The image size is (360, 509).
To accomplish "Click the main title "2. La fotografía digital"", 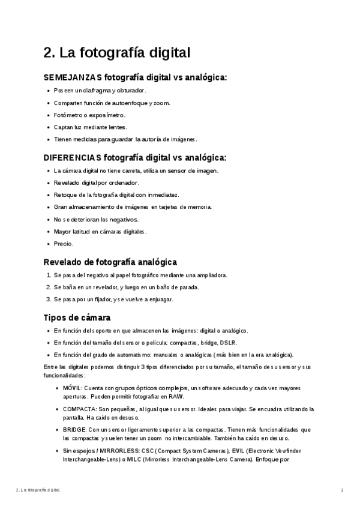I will (117, 53).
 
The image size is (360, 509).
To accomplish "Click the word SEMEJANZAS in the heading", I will (73, 77).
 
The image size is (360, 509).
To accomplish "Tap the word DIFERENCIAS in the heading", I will (73, 158).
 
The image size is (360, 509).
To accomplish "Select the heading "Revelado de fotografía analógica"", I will (110, 262).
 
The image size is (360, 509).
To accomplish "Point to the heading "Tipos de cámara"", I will (77, 318).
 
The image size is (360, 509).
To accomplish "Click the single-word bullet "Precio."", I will (64, 244).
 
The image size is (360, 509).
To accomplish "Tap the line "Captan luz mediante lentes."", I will (91, 127).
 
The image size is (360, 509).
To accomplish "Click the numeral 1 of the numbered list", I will (48, 275).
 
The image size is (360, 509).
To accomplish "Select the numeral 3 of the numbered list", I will (48, 299).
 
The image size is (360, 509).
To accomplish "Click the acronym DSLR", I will (227, 342).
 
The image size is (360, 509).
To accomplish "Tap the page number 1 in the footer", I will (341, 490).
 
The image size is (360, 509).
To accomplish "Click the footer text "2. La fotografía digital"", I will (38, 490).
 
